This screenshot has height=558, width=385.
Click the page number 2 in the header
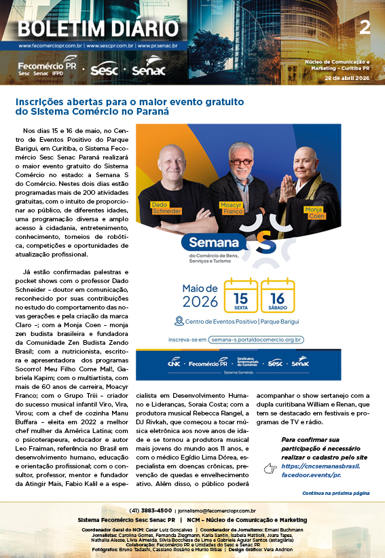point(365,27)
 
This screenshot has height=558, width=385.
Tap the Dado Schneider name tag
point(166,208)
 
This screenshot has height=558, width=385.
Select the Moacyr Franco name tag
point(231,208)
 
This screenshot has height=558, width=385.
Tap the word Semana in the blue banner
point(214,242)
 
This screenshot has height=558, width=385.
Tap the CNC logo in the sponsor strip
point(174,363)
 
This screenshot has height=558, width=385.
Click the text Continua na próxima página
point(335,493)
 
